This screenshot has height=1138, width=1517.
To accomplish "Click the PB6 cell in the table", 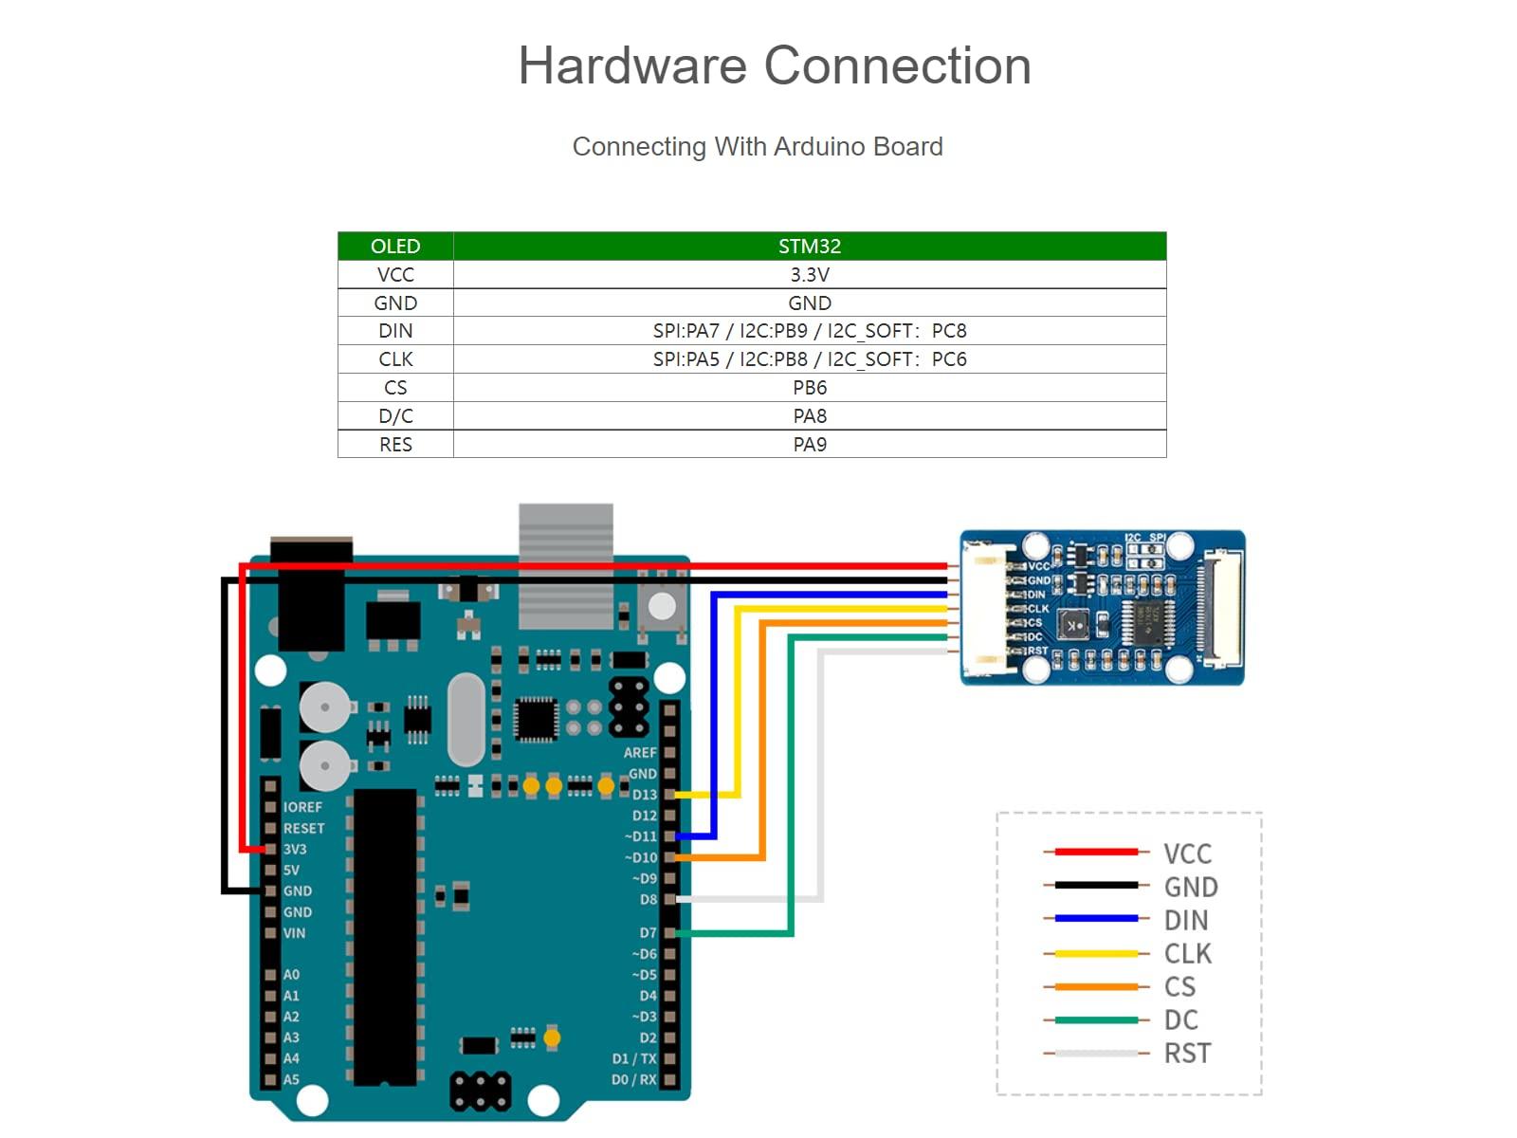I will (x=809, y=387).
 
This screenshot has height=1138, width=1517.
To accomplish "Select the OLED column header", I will (x=395, y=246).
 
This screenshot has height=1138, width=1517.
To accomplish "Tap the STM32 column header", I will (x=809, y=246).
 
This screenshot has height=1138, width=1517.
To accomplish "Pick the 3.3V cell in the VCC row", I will (x=809, y=274).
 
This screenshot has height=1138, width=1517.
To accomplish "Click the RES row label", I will (x=395, y=444).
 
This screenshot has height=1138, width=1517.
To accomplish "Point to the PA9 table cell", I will (x=809, y=444).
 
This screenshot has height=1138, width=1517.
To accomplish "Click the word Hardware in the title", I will (x=631, y=66).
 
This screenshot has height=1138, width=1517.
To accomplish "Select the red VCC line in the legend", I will (x=1095, y=852).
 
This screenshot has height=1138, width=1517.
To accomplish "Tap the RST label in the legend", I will (x=1187, y=1053).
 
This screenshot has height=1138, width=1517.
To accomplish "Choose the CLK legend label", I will (x=1187, y=953).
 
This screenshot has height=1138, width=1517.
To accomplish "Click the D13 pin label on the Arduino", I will (x=645, y=795).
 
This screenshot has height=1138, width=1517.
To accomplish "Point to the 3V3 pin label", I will (x=295, y=849).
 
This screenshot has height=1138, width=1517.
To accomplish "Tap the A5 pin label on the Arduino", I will (x=291, y=1079).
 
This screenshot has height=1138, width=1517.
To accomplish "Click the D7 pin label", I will (x=648, y=933).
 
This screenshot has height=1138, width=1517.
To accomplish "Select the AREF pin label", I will (x=640, y=752).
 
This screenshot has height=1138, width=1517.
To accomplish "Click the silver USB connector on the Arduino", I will (x=566, y=565).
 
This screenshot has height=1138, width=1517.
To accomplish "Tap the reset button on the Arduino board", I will (x=662, y=605).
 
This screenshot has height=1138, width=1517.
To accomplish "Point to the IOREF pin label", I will (x=302, y=807).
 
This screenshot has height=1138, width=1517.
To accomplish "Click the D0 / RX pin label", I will (x=633, y=1079).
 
